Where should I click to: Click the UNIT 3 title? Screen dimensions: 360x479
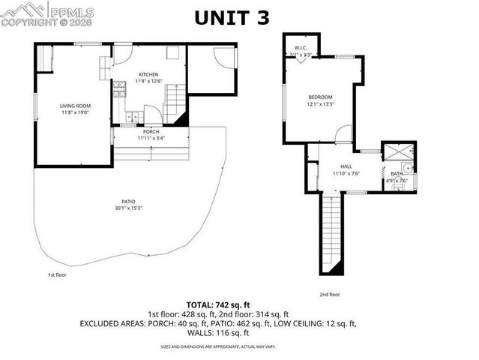click(x=232, y=18)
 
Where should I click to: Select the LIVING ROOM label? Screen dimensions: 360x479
click(x=75, y=106)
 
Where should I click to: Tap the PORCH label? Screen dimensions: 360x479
click(x=151, y=132)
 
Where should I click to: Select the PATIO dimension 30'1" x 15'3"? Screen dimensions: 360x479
click(x=128, y=208)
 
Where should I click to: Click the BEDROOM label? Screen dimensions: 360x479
click(x=320, y=97)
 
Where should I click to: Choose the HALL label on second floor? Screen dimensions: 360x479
click(x=346, y=167)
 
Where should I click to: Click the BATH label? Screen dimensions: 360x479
click(x=396, y=174)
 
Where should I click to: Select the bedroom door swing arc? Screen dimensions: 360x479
click(x=342, y=136)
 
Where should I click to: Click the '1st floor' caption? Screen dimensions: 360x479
click(x=57, y=275)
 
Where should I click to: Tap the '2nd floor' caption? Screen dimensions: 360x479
click(x=330, y=295)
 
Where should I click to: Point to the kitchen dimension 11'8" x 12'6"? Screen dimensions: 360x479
click(x=148, y=81)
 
